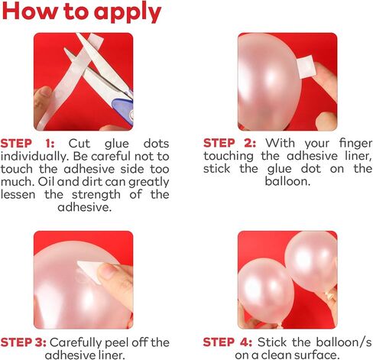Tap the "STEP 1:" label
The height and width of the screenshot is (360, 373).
[x=28, y=144]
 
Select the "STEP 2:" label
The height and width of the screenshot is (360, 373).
[x=229, y=143]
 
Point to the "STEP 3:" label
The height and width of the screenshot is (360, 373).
[x=24, y=342]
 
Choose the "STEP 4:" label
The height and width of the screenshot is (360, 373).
[x=228, y=342]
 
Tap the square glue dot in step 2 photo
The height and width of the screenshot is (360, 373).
[x=307, y=66]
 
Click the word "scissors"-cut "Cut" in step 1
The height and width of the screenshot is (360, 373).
[x=79, y=144]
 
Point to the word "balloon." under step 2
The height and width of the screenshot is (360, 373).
[x=287, y=181]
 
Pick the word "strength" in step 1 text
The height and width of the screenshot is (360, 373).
[x=96, y=195]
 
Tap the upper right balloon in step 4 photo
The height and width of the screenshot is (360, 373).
[x=311, y=262]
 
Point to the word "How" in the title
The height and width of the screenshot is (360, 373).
[x=30, y=11]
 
